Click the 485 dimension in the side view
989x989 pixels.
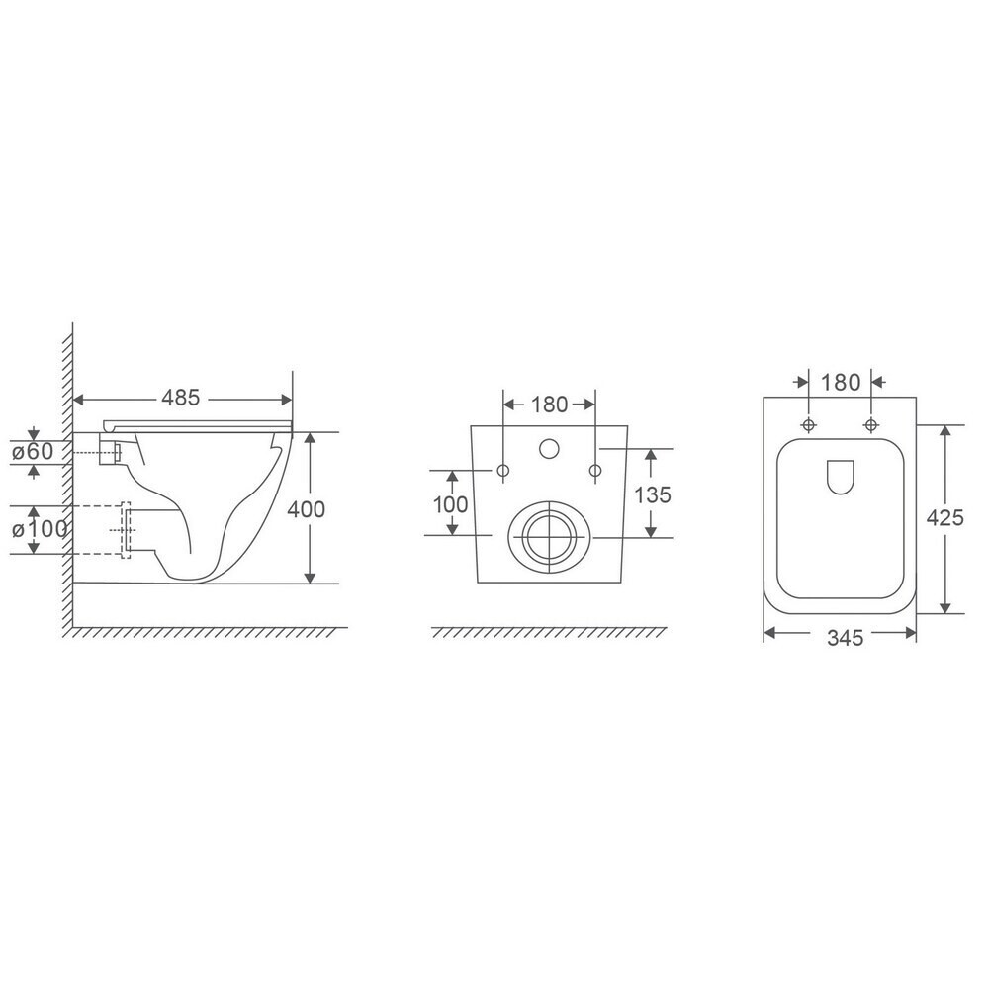click(180, 398)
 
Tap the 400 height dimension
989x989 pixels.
click(306, 509)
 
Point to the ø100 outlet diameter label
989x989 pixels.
click(40, 528)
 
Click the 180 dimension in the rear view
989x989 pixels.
click(549, 405)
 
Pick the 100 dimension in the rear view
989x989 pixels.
click(450, 504)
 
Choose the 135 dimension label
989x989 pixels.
click(652, 495)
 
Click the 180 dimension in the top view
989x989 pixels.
click(842, 382)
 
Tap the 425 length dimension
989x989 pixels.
click(944, 517)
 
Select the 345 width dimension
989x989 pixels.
click(846, 638)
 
